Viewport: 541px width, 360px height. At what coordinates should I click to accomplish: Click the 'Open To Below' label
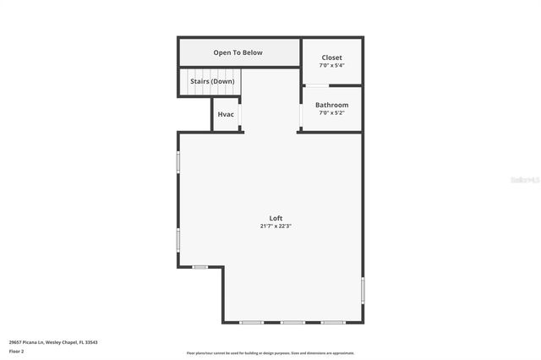(x=238, y=52)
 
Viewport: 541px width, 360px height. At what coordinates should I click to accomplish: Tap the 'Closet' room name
(x=331, y=57)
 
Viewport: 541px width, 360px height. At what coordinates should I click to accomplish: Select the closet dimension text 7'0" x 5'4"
(x=331, y=65)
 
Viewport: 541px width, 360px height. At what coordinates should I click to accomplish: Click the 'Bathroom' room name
(x=331, y=105)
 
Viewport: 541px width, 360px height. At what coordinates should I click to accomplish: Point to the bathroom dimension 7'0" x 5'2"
(x=331, y=112)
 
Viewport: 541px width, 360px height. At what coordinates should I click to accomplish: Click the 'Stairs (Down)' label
(x=212, y=81)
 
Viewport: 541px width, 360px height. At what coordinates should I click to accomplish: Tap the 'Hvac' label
(x=226, y=114)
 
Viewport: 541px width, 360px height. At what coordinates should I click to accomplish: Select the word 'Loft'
(x=276, y=218)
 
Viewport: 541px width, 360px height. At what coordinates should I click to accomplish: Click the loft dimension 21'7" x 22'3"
(x=276, y=226)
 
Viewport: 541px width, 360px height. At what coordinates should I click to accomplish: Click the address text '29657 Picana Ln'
(x=28, y=342)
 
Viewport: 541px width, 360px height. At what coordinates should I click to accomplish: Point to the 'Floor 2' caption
(x=17, y=351)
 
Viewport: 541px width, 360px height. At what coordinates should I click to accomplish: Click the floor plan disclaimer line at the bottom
(x=270, y=353)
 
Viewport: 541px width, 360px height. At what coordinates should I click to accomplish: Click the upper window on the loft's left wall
(x=178, y=161)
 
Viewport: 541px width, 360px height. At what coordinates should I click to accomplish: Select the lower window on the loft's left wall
(x=178, y=239)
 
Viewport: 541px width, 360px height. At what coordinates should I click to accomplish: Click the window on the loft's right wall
(x=363, y=290)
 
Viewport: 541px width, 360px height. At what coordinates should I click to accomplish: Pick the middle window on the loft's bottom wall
(x=292, y=322)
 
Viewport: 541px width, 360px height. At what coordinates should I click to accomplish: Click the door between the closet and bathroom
(x=318, y=85)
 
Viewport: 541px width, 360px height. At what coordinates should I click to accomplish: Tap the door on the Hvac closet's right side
(x=240, y=114)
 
